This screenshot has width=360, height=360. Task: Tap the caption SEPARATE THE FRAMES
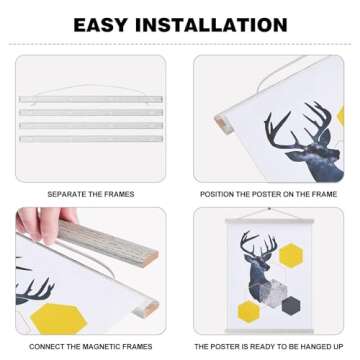(x=90, y=193)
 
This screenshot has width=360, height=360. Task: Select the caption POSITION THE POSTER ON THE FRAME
(x=269, y=193)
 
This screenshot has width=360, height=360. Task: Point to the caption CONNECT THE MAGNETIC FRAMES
(x=90, y=345)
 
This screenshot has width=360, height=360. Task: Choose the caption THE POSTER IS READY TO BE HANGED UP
(x=269, y=345)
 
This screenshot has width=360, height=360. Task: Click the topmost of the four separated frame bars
(x=90, y=100)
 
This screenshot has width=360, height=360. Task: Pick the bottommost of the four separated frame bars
(x=90, y=137)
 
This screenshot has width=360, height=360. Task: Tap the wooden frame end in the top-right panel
(x=222, y=125)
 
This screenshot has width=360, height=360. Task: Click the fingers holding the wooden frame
(x=45, y=218)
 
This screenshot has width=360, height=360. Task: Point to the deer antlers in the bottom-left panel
(x=36, y=290)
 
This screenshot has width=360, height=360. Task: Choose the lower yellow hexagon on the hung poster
(x=249, y=310)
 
